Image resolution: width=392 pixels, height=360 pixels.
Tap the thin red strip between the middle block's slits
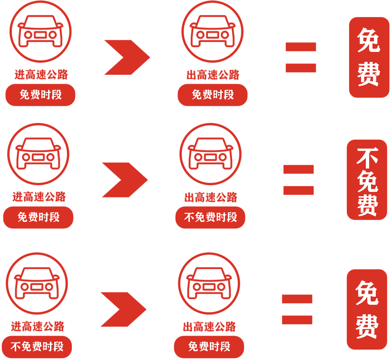(57, 197)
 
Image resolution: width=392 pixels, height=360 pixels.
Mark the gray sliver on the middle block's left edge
(2, 217)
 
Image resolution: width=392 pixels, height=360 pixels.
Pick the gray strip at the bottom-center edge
(209, 359)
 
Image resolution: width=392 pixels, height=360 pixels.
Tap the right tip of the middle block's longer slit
(181, 204)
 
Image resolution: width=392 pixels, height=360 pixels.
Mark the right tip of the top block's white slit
(109, 67)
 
